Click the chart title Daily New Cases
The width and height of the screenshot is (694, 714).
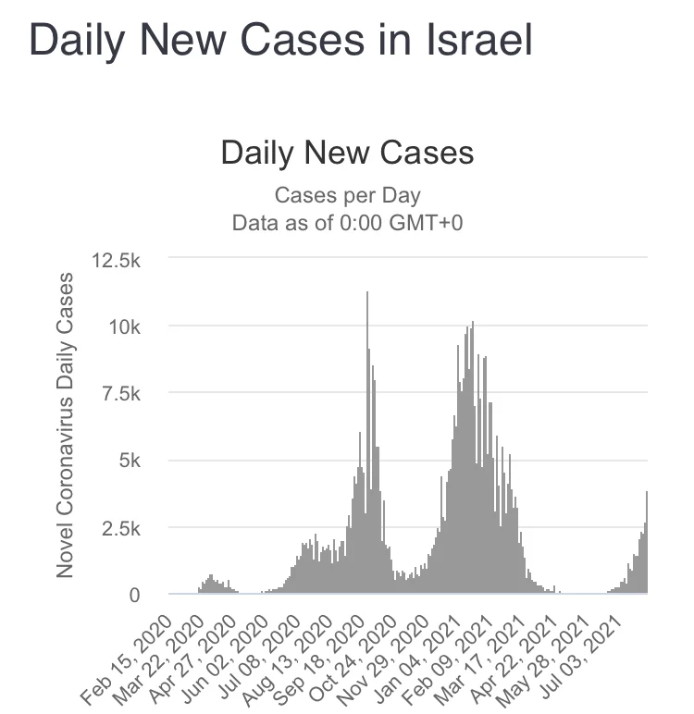click(347, 154)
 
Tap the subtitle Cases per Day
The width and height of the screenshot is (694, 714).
click(347, 196)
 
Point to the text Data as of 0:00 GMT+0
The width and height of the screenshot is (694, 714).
click(347, 223)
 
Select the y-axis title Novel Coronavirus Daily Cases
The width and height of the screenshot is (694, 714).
click(65, 425)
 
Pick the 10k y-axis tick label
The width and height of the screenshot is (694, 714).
click(124, 326)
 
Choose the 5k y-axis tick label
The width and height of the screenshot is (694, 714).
click(128, 461)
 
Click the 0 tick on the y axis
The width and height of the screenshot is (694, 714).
click(134, 596)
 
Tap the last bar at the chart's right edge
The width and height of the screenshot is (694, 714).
click(646, 546)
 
